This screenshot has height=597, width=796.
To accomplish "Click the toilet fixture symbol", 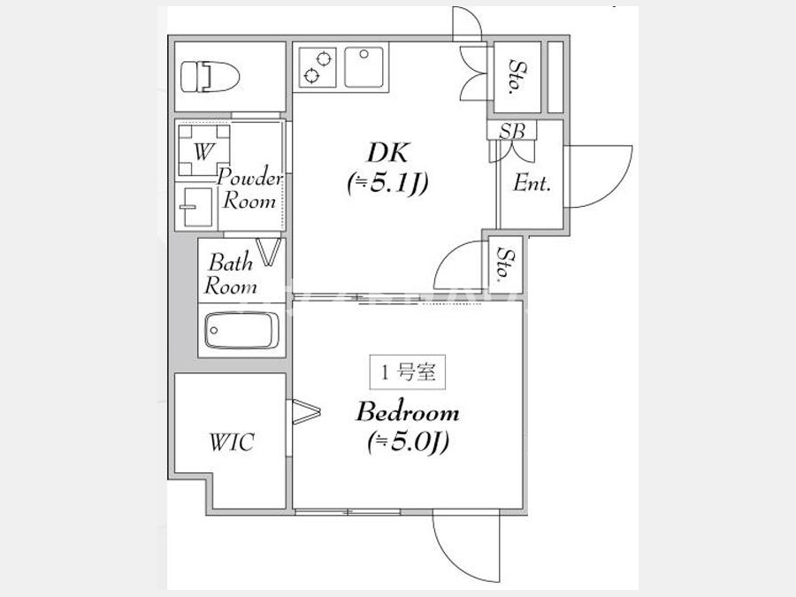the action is pos(210,77).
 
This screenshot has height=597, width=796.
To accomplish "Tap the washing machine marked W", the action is pos(204,150).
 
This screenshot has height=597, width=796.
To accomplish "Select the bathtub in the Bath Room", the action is pos(241,330).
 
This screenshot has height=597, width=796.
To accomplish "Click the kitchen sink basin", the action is pos(364,67).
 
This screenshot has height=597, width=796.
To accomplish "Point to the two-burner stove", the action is pos(318,67).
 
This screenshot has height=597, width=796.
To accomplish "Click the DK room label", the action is pos(388,152).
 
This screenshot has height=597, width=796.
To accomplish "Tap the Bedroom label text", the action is pos(408,411).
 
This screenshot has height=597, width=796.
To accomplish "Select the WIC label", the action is pos(232,442).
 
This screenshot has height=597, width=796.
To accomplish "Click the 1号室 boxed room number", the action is pos(408,372).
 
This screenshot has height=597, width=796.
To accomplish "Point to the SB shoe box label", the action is pos(512,131).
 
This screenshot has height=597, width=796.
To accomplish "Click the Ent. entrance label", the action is pos(532,183).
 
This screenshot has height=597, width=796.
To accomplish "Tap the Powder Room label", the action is pos(249,189).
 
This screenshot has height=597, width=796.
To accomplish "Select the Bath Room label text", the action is pos(231,274).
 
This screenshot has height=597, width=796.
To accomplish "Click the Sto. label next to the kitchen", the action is pos(517,77).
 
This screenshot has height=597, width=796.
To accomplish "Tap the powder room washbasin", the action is pos(195,207).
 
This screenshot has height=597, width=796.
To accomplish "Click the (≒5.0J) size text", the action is pos(408,442).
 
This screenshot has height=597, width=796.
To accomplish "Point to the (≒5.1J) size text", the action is pos(388,183).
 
